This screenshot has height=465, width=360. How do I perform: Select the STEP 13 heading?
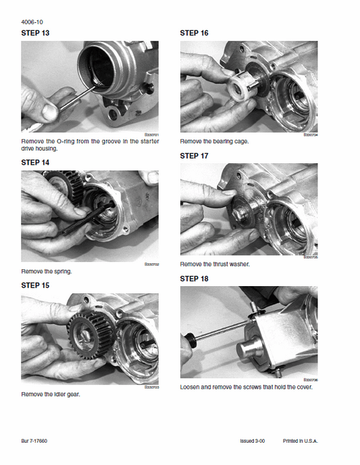pyautogui.click(x=35, y=32)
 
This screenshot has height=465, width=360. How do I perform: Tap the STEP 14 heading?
pyautogui.click(x=35, y=162)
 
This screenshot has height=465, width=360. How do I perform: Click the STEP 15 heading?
pyautogui.click(x=35, y=285)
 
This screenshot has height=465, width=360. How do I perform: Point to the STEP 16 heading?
pyautogui.click(x=194, y=32)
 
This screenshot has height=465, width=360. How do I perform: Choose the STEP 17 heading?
pyautogui.click(x=194, y=156)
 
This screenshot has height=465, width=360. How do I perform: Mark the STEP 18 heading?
pyautogui.click(x=194, y=279)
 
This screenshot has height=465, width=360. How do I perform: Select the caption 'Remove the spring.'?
pyautogui.click(x=47, y=271)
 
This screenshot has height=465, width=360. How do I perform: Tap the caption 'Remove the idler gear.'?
pyautogui.click(x=51, y=394)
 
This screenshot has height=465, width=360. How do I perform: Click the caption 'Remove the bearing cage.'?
pyautogui.click(x=214, y=142)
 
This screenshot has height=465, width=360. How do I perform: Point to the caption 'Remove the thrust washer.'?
pyautogui.click(x=215, y=265)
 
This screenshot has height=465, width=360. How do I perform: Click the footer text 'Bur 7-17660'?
pyautogui.click(x=34, y=441)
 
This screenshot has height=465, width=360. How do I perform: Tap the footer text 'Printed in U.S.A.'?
pyautogui.click(x=300, y=441)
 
